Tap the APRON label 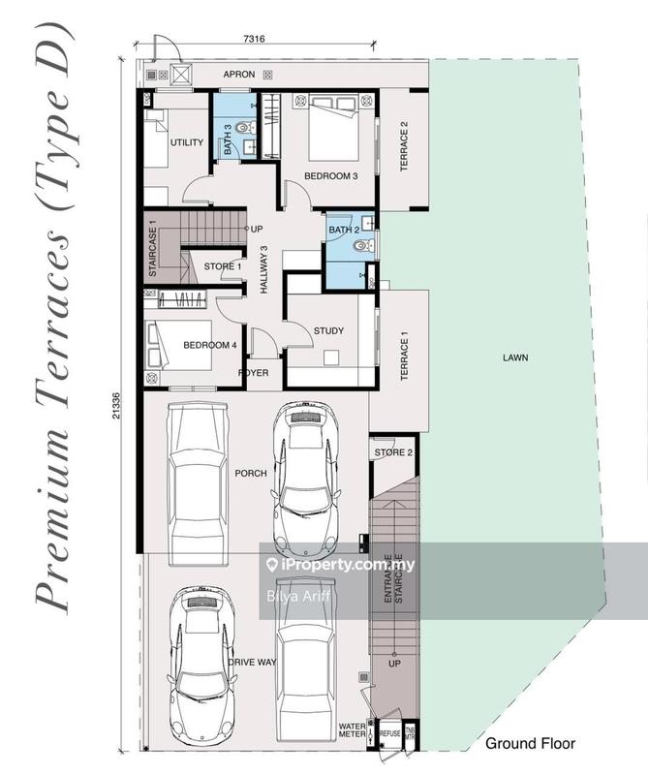coord(239,74)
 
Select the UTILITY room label coord(187,143)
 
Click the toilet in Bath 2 coord(360,247)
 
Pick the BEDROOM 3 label coord(331,176)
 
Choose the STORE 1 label coord(223,267)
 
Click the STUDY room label coord(328,331)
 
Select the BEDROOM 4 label coord(210,345)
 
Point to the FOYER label coord(254,373)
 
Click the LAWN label coord(515,357)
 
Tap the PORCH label coord(243,474)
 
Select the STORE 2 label coord(393,452)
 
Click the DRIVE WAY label coord(248,662)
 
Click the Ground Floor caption coord(530,744)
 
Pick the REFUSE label coord(389,735)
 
